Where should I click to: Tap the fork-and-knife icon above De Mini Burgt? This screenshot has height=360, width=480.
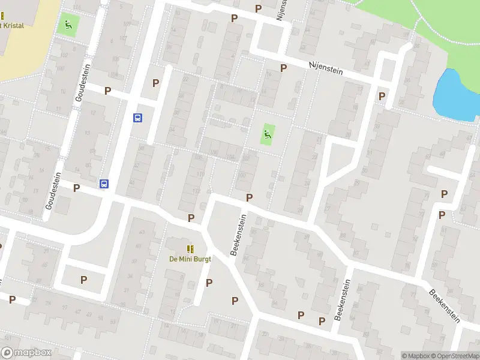190,249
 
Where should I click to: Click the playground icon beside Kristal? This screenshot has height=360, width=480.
67,26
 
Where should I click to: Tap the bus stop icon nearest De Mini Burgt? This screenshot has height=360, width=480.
104,184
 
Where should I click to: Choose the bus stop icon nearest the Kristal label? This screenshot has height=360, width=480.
137,118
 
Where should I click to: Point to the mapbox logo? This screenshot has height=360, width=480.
26,353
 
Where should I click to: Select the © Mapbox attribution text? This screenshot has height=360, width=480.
415,356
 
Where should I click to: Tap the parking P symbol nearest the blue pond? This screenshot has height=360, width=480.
382,96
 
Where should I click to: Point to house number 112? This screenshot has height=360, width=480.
197,191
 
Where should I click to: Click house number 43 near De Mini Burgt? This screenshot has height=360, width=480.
142,232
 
